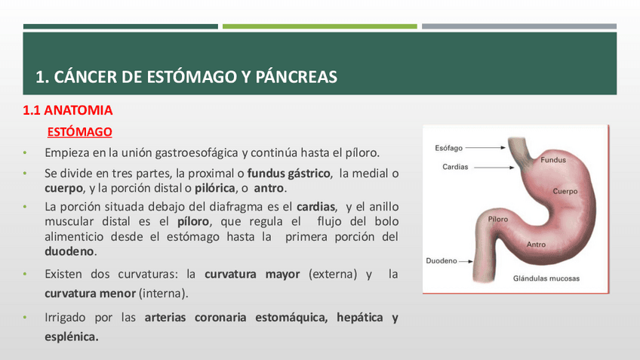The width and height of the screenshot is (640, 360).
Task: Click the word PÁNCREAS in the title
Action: (297, 77)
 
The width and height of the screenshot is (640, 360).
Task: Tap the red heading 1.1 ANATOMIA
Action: (68, 110)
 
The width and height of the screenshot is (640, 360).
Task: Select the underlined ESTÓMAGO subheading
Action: (79, 132)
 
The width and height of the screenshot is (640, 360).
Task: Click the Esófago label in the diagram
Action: (448, 148)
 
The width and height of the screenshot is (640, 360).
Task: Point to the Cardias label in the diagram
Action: (455, 167)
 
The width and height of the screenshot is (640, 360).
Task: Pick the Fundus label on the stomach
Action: (553, 160)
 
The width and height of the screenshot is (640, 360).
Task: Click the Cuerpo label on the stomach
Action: (565, 192)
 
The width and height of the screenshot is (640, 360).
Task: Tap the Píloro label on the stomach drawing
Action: (498, 219)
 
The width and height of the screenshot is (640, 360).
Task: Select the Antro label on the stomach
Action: (536, 245)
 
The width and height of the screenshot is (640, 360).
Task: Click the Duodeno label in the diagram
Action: (442, 261)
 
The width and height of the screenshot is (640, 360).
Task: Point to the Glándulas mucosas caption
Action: (546, 278)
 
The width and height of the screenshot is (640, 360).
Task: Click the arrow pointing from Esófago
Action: (486, 148)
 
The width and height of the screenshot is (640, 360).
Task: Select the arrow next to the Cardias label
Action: (494, 168)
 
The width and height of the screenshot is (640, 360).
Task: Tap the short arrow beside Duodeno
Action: (466, 261)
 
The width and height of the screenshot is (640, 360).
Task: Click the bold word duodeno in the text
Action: (69, 251)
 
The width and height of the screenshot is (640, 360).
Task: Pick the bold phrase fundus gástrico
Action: (288, 174)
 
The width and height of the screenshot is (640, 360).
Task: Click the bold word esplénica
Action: (72, 337)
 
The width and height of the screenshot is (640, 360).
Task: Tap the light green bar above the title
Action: (319, 26)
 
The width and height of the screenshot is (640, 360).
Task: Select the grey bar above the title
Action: (519, 26)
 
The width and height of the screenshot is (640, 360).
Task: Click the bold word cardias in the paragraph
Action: (316, 207)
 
